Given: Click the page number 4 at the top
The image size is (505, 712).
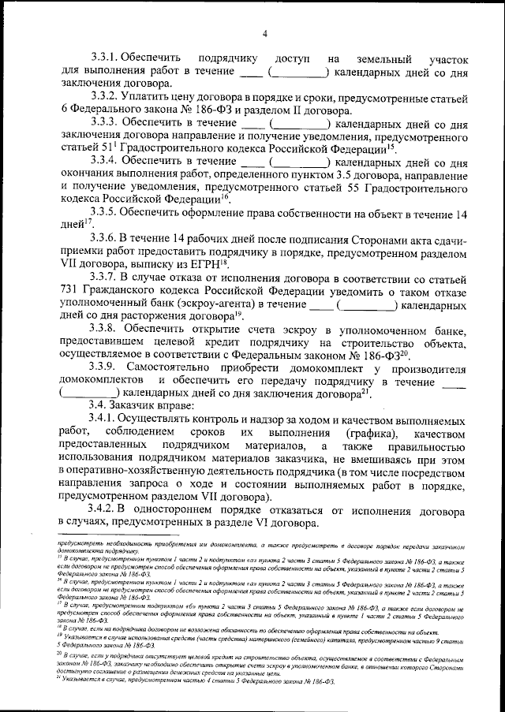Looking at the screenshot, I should point(265,32).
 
